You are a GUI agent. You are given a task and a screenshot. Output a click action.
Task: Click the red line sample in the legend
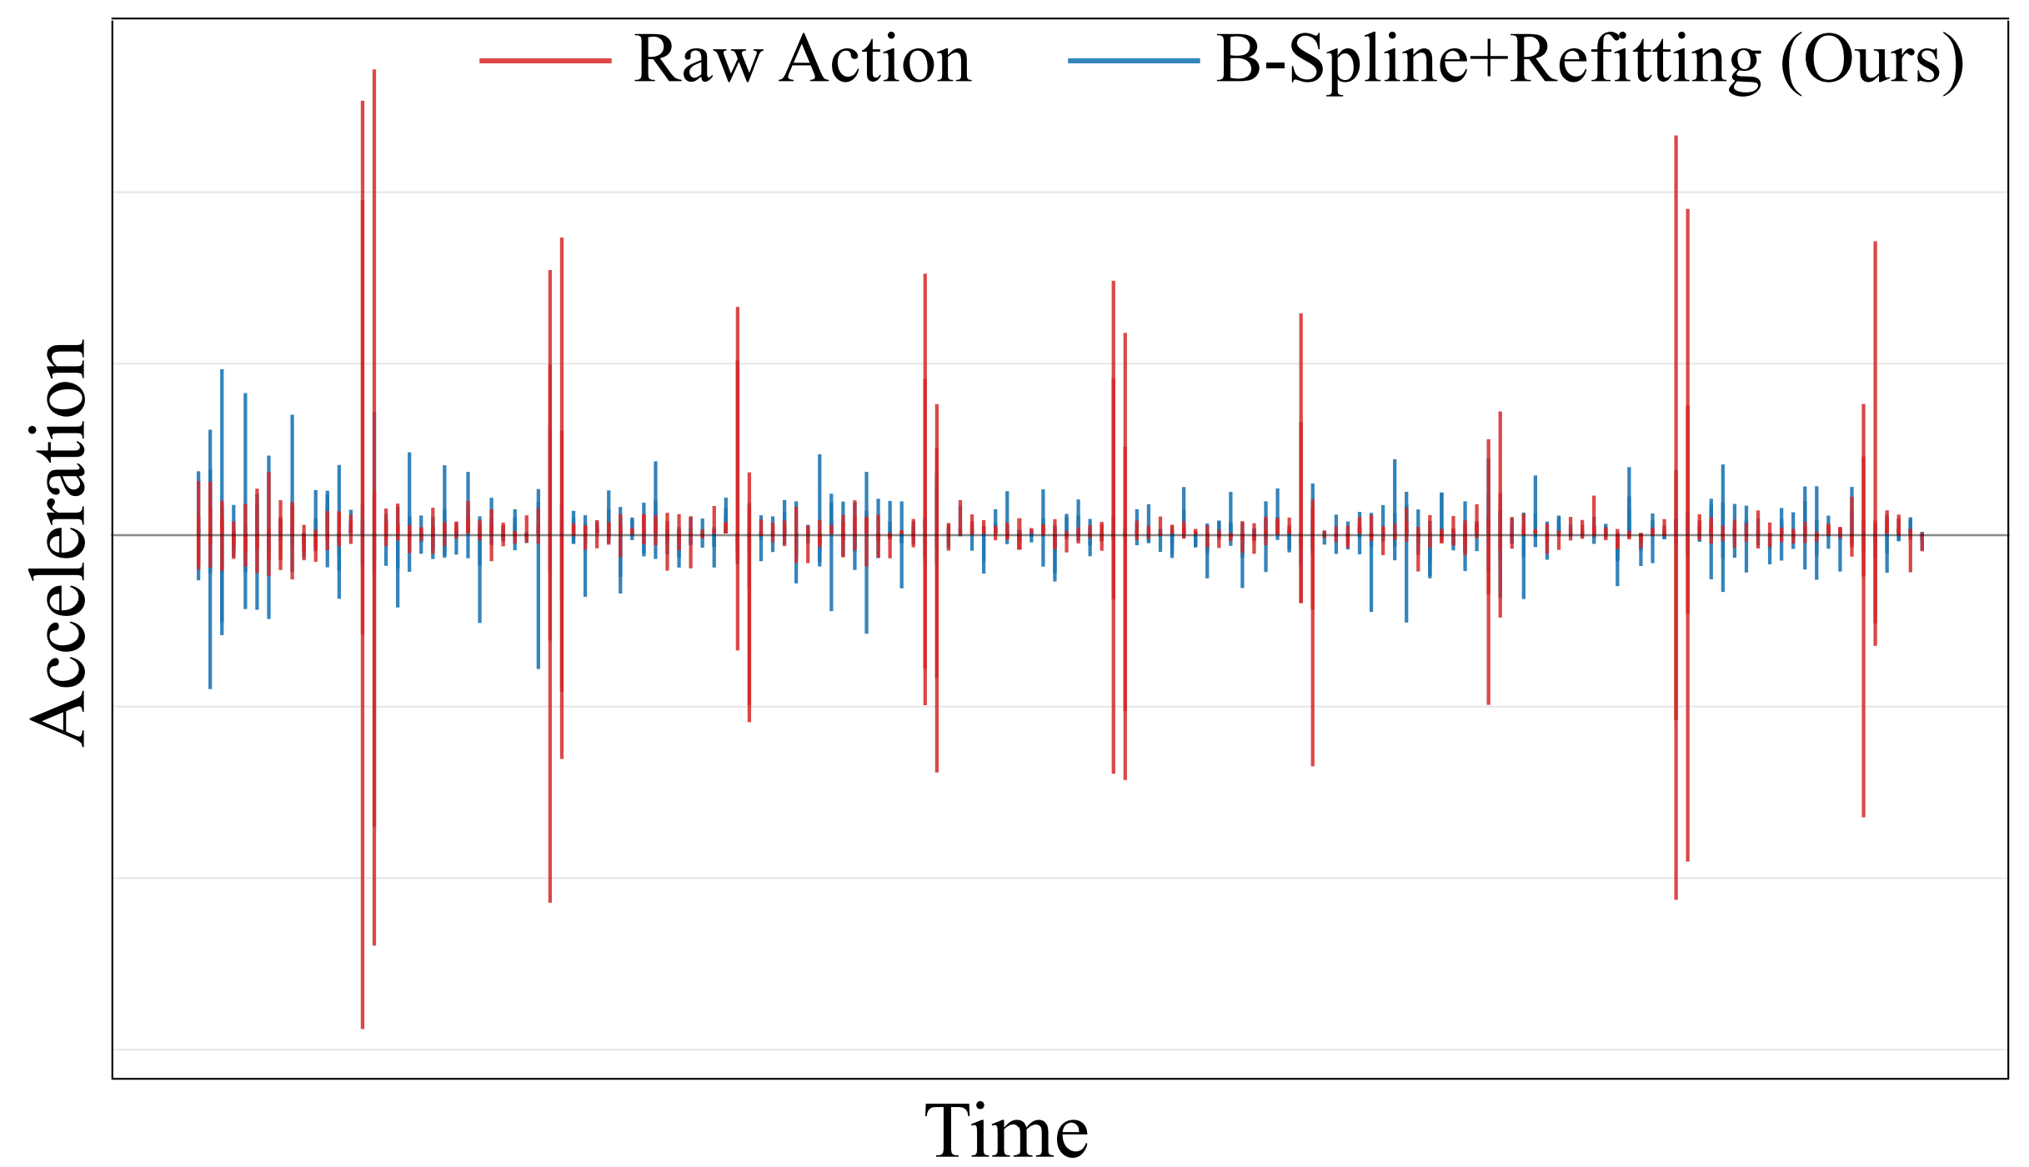545,61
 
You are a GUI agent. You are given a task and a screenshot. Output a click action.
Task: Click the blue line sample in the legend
1134,61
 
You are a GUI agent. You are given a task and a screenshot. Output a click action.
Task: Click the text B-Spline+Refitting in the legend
1488,60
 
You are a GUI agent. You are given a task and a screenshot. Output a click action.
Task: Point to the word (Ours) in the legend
1872,60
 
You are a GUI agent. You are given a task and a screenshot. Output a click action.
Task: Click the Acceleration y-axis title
58,542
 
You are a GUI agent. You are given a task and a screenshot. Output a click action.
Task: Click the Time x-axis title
1006,1130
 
